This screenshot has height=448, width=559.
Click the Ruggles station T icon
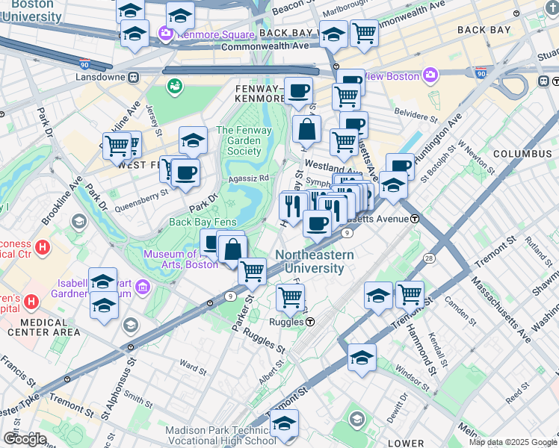tap(309, 322)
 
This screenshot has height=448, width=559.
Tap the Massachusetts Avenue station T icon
tap(414, 218)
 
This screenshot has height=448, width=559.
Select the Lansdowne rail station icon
tap(133, 76)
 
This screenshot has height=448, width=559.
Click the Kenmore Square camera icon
tap(164, 34)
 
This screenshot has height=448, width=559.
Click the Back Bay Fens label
tap(203, 222)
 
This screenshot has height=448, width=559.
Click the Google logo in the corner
tap(25, 439)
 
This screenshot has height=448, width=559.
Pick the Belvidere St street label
tap(417, 117)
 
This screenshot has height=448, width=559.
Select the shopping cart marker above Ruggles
tap(290, 296)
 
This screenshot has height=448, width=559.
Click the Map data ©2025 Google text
tap(513, 442)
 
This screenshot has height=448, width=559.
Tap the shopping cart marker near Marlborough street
tap(364, 32)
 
